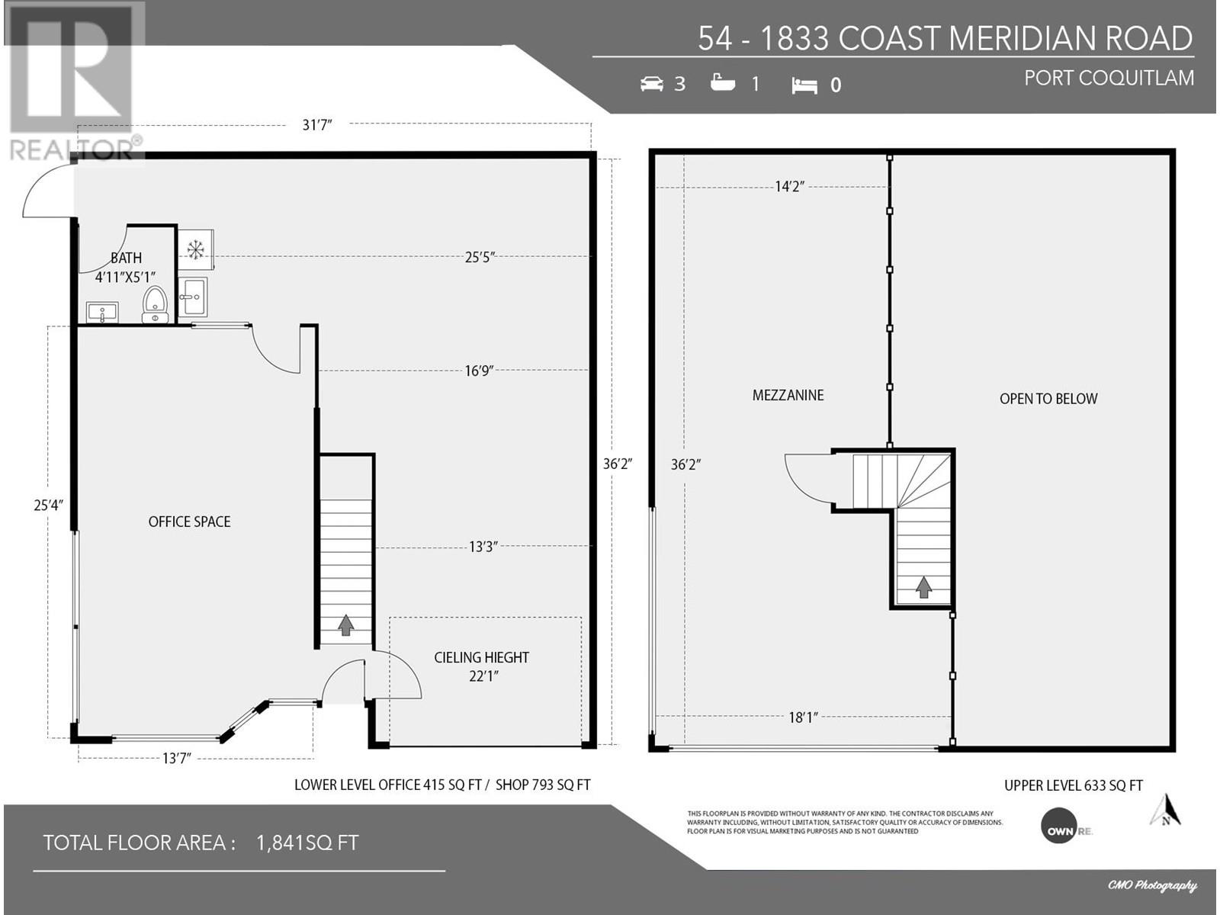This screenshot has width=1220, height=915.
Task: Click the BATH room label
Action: coord(126,258)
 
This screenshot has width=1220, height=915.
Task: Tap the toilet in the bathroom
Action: coord(155,304)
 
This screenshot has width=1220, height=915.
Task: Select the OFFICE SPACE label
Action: coord(190,522)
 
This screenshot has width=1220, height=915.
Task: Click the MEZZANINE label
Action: coord(788,395)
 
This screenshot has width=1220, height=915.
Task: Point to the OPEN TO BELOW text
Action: coord(1048,398)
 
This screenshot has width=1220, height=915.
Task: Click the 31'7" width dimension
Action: coord(316,125)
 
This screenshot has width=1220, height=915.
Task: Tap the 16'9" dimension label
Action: coord(479,371)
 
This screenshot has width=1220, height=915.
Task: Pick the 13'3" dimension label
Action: coord(483,547)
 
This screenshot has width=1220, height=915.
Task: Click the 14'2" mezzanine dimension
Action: coord(790,186)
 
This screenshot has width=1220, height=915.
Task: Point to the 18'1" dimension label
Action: coord(803,718)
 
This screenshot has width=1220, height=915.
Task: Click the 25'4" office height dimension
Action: coord(48,505)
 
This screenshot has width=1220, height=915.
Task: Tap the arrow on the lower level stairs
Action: coord(345,624)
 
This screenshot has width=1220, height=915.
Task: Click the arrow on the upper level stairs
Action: coord(923,587)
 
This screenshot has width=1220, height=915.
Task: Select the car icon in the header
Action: coord(651,84)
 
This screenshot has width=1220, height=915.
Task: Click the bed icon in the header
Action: coord(804,85)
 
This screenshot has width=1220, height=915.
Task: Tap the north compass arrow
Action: coord(1166,810)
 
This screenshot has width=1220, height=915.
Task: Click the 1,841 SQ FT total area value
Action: coord(307,843)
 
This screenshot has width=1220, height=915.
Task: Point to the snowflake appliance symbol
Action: coord(195,249)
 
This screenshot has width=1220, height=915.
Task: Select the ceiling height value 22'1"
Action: coord(483,676)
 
